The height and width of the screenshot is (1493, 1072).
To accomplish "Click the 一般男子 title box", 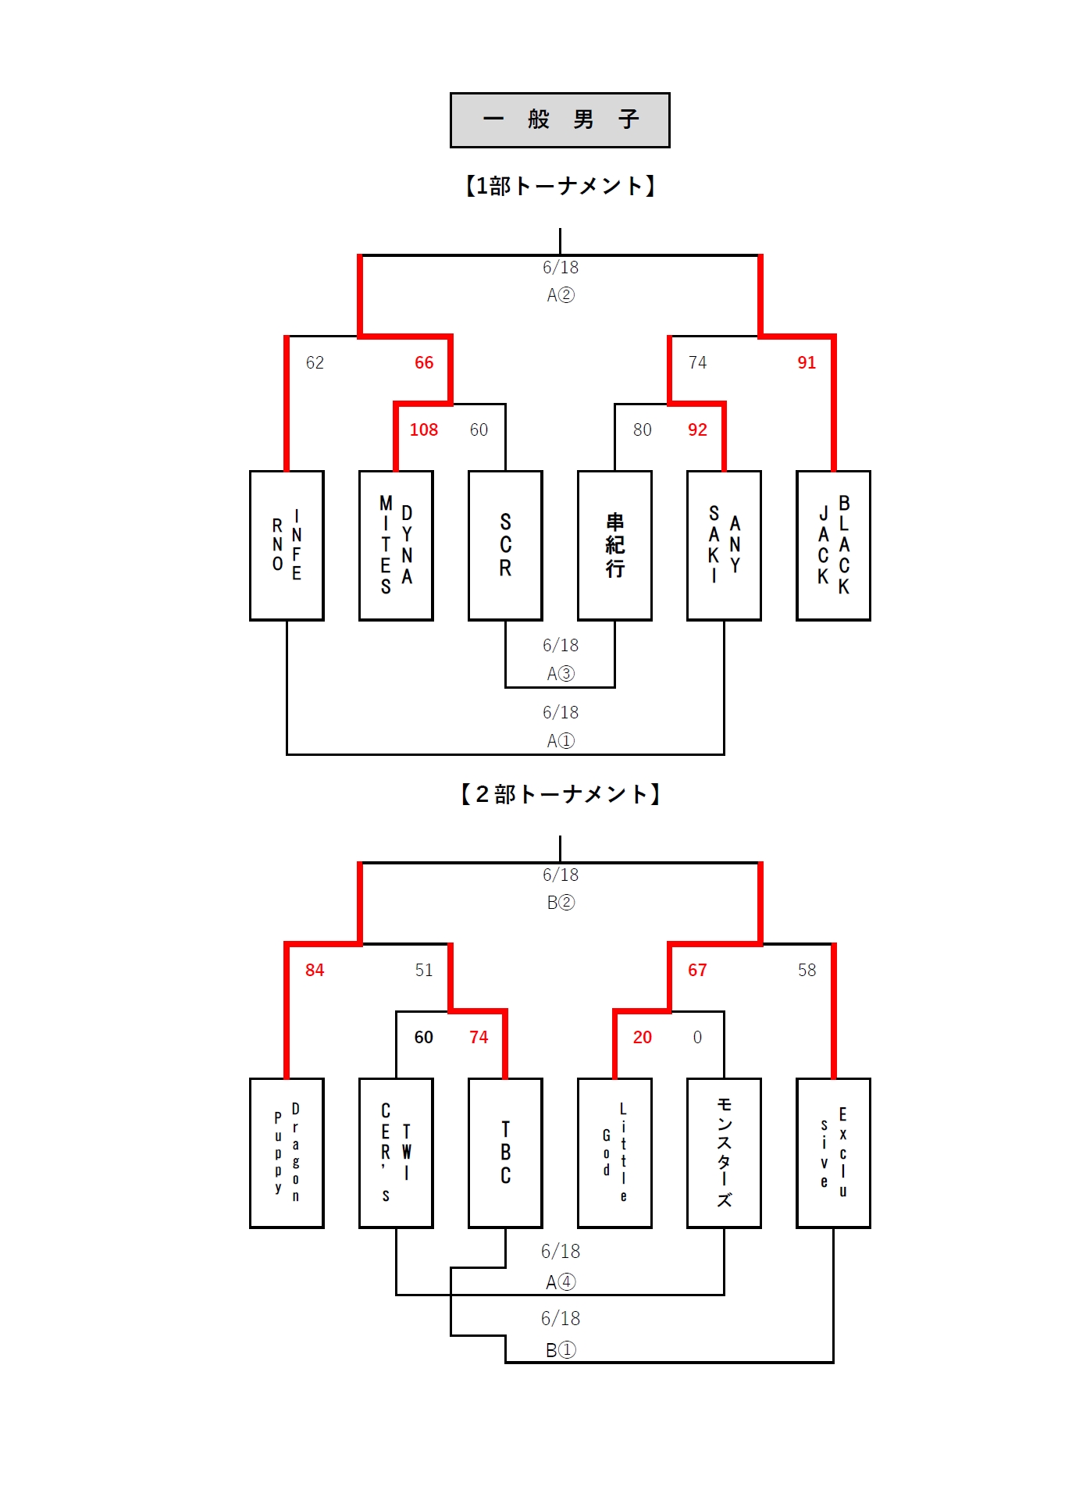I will coord(560,120).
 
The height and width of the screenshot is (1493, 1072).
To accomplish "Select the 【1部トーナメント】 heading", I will coord(560,186).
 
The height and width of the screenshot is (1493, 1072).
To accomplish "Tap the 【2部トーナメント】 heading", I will coord(560,794).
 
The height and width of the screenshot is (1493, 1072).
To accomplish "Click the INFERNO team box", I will coord(287,545).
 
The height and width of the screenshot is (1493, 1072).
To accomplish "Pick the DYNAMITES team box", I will coord(396,545).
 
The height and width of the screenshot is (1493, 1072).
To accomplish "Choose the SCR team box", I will coord(505,545).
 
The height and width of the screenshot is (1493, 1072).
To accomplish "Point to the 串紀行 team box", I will coord(614,545).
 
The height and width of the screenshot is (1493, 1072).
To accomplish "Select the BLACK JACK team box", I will coord(833,545).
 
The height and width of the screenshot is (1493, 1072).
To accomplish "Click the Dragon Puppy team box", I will coord(287,1153).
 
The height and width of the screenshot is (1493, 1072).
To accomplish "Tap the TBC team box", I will coord(505,1153).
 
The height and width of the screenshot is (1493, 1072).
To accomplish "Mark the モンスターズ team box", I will coord(724,1153).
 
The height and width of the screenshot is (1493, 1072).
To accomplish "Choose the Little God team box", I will coord(614,1153).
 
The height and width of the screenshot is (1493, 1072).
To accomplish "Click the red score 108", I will coord(424,429).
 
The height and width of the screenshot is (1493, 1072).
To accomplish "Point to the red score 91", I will coord(807,362).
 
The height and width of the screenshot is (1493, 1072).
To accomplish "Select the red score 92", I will coord(697,429).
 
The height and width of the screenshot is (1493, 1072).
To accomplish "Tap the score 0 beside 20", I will coord(697,1037).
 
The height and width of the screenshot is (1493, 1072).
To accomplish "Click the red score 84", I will coord(315,970).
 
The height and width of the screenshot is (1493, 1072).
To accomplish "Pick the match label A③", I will coord(561,673).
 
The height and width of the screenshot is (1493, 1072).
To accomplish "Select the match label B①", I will coord(561,1349).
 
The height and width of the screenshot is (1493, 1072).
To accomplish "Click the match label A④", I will coord(561,1282).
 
